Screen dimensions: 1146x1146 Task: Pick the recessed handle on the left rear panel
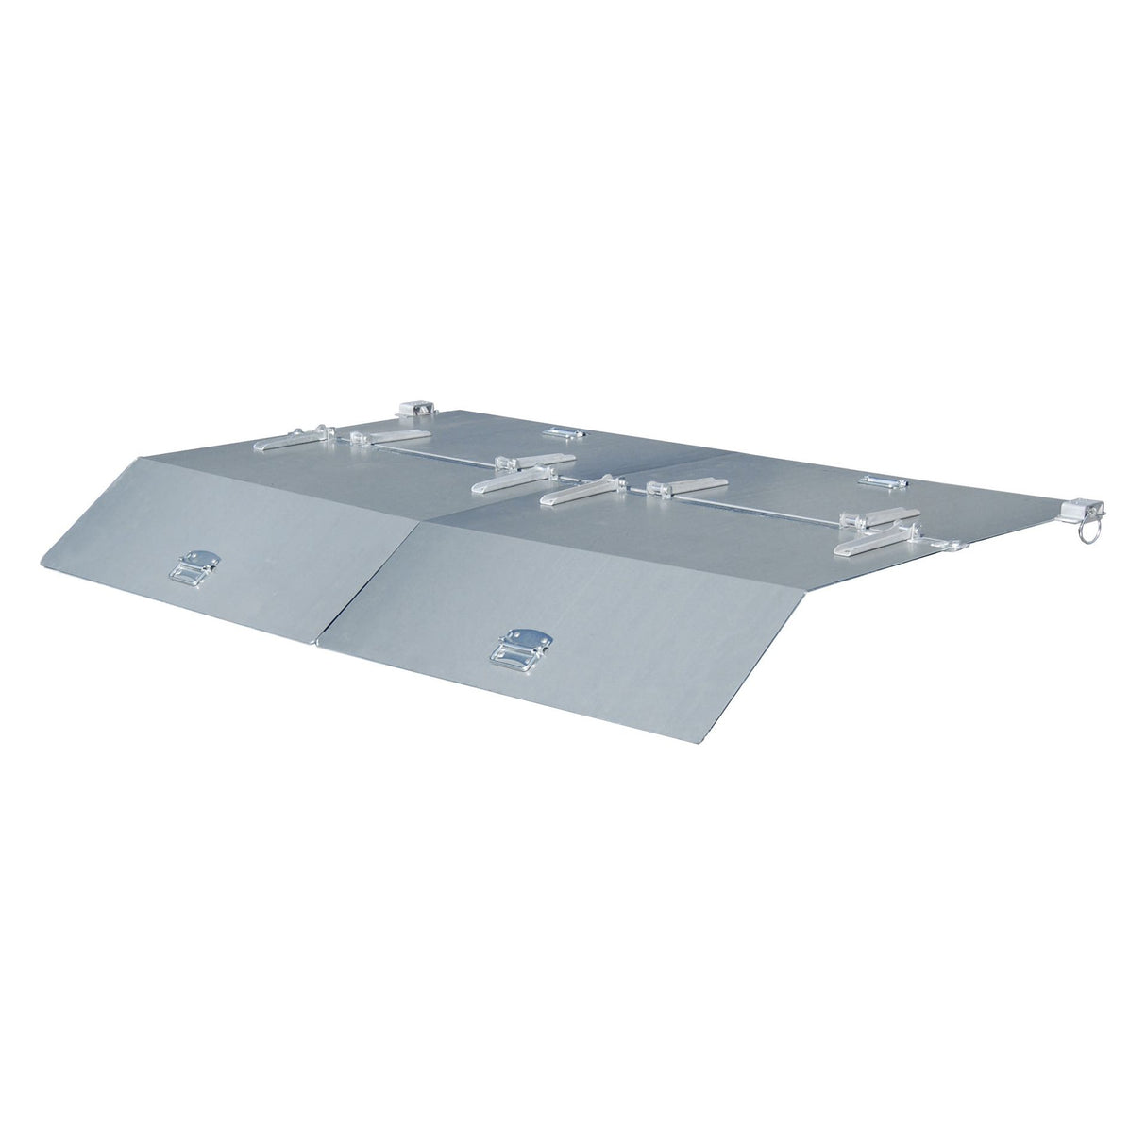(564, 433)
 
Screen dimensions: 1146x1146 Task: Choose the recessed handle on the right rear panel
(881, 481)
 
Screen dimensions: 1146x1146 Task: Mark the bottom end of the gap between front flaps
(317, 647)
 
